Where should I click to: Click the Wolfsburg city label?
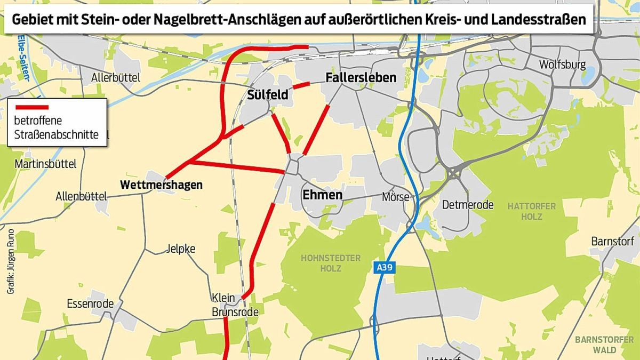562,65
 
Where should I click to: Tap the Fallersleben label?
361,78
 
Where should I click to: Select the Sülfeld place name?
268,95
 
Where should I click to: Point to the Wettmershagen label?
162,185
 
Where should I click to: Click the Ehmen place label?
322,195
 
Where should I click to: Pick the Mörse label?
396,197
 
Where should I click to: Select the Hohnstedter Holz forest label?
331,263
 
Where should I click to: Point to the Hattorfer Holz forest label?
532,211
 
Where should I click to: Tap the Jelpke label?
181,249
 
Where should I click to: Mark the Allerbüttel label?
116,78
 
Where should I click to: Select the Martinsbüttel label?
46,164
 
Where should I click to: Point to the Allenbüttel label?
79,197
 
